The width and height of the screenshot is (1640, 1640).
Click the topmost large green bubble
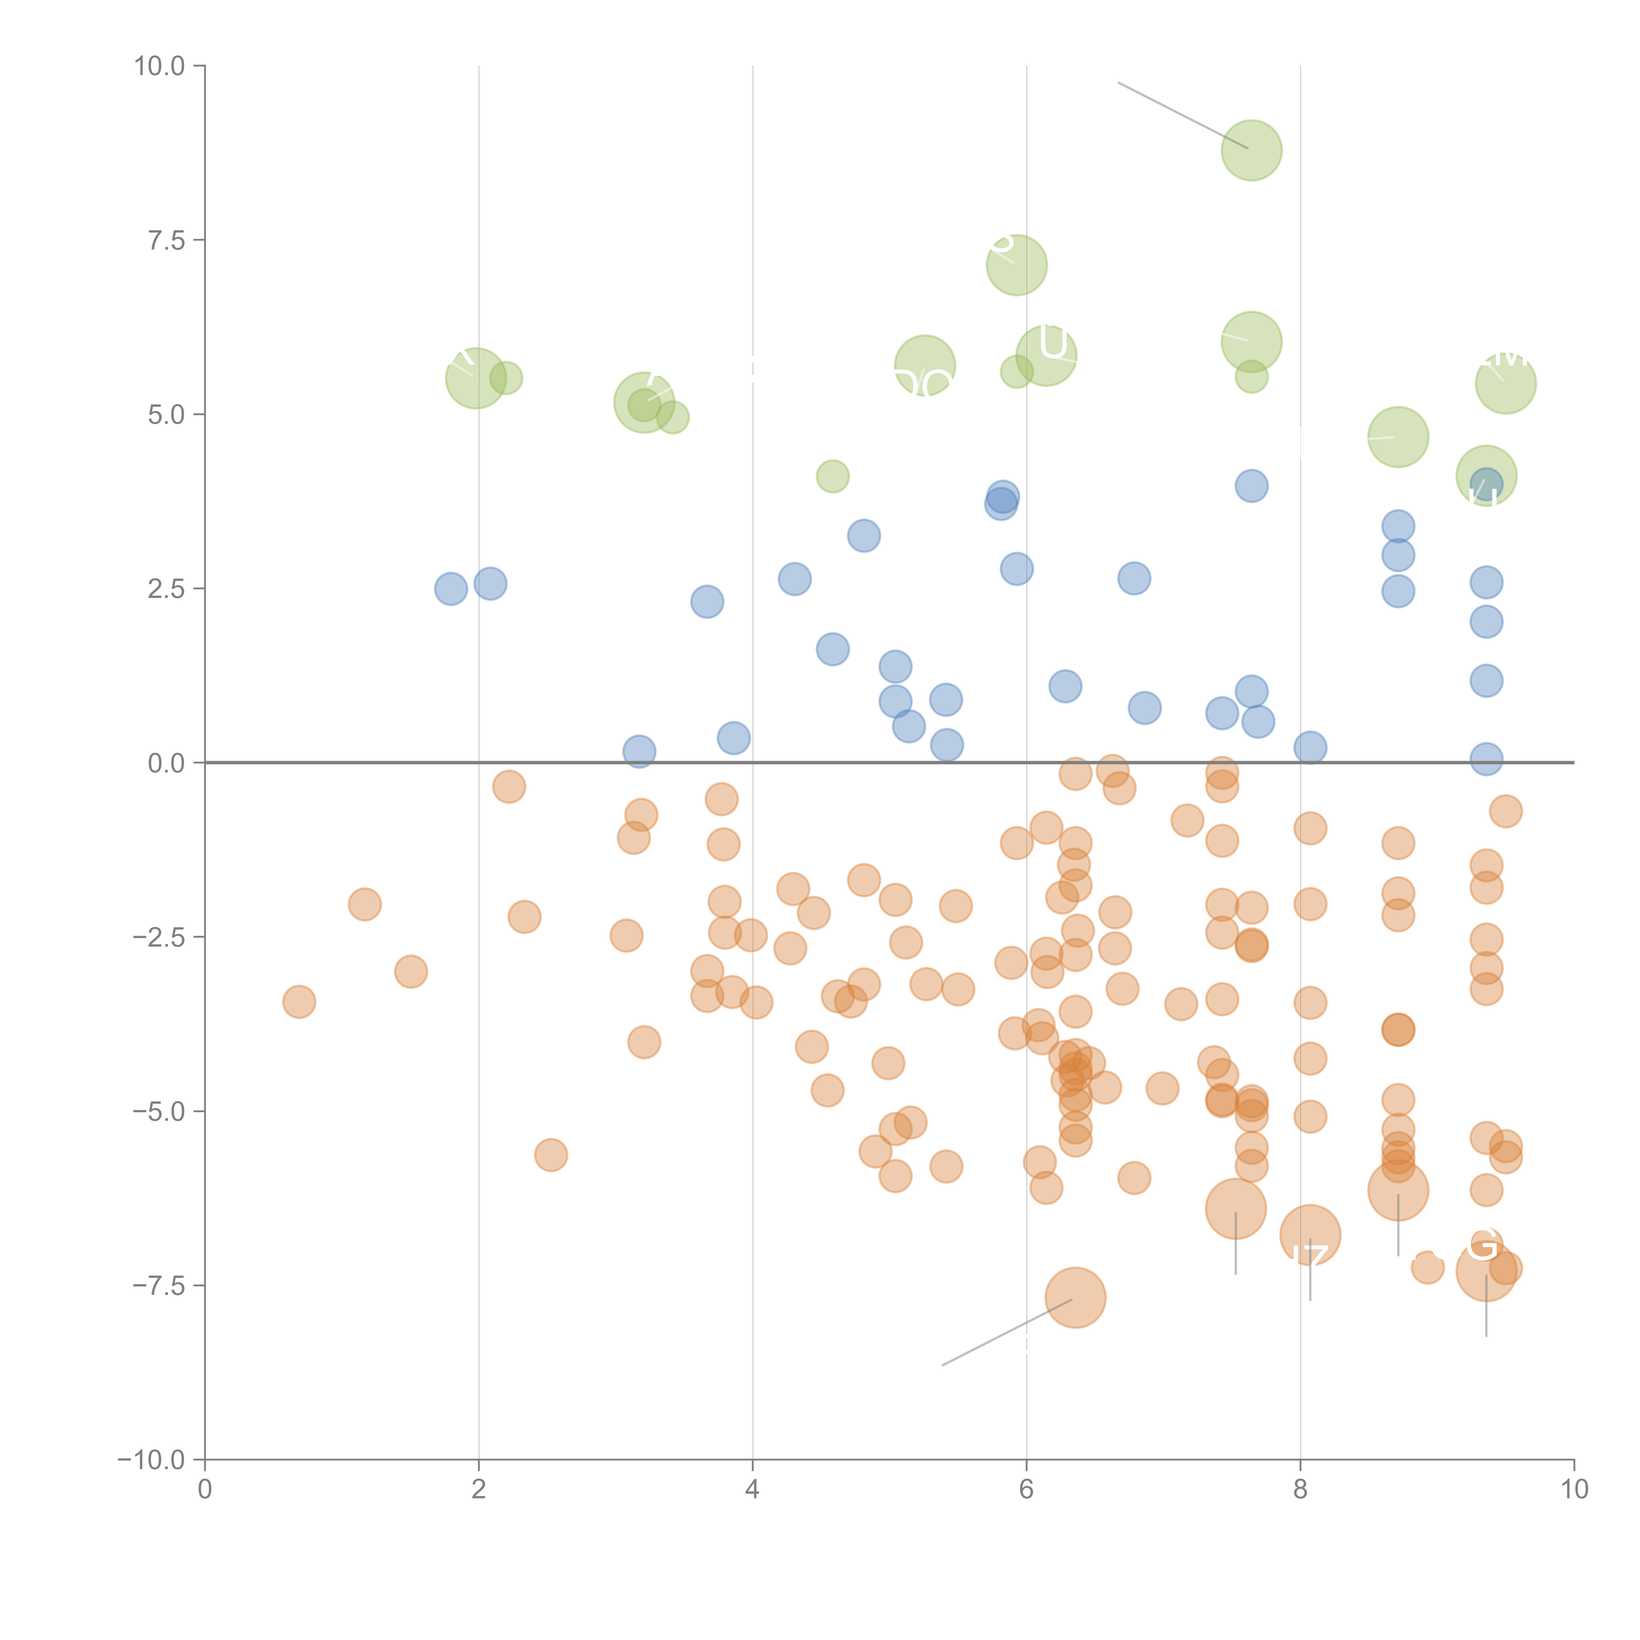tap(1251, 150)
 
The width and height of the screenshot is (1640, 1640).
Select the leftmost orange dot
tap(299, 1002)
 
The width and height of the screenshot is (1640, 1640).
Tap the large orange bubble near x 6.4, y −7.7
tap(1076, 1297)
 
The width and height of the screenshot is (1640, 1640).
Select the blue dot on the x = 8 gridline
tap(1310, 747)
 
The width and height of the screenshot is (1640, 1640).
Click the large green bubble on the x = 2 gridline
tap(475, 378)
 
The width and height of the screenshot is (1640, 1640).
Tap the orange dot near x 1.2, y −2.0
tap(364, 904)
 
